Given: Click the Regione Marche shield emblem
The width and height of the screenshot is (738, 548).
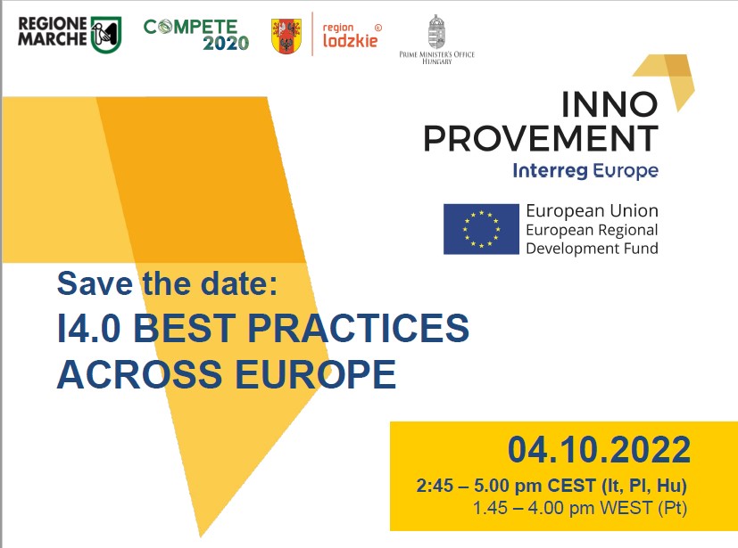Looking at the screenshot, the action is point(106,35).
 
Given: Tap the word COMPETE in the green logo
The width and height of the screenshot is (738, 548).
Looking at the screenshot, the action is point(191,27).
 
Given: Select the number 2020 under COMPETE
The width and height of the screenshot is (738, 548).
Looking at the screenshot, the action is point(226,44).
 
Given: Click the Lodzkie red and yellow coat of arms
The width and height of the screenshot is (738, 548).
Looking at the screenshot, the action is point(286,37).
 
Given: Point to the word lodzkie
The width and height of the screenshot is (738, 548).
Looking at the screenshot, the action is point(350,40).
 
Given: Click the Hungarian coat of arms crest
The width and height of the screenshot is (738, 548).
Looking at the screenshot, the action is point(436,31).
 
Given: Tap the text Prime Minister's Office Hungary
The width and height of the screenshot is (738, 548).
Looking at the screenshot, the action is point(436,57).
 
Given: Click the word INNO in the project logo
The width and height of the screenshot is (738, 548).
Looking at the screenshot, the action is point(609,104).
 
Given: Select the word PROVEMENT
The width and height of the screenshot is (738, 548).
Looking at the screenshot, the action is point(541,138).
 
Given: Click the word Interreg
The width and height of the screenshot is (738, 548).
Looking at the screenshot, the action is point(551,171).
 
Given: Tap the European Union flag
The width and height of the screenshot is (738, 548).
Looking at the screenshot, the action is point(481,229).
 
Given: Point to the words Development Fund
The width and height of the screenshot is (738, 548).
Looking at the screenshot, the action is point(592,248).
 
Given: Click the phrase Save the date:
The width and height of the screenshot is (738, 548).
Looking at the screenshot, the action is point(167,283).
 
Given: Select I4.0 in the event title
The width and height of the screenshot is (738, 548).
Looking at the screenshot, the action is point(89,328).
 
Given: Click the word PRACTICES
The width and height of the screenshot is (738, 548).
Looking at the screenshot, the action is point(358,328).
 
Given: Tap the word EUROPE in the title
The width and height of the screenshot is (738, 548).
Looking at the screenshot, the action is point(315,374).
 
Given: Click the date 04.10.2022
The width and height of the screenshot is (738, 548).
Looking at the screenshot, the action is point(599,450).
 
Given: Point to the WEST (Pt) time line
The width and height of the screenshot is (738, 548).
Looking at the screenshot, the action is point(580,508).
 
